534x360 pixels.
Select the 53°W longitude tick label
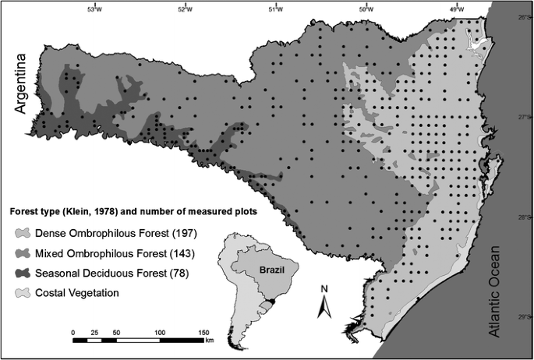click(x=95, y=9)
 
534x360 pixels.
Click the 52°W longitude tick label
click(x=186, y=9)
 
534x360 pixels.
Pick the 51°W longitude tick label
click(x=276, y=9)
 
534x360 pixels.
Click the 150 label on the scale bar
click(x=205, y=331)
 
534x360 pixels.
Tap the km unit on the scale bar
click(x=210, y=341)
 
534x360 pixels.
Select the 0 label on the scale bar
click(x=73, y=331)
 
